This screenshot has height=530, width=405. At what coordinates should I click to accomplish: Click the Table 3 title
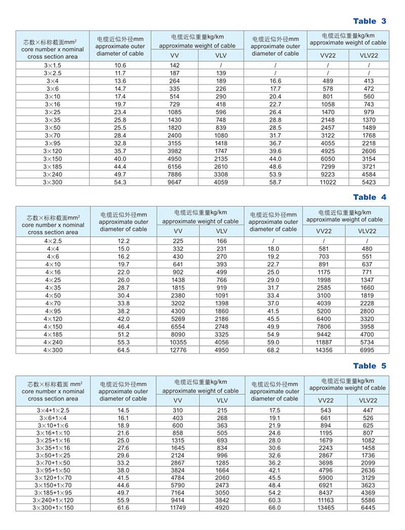pyautogui.click(x=370, y=21)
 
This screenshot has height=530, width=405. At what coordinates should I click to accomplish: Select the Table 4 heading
pyautogui.click(x=370, y=197)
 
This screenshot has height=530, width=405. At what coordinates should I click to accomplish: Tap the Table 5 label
pyautogui.click(x=370, y=366)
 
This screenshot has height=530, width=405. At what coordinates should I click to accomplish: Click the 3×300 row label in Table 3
pyautogui.click(x=53, y=182)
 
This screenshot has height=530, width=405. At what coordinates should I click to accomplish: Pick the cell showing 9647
pyautogui.click(x=175, y=182)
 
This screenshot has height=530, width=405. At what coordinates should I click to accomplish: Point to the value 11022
pyautogui.click(x=328, y=182)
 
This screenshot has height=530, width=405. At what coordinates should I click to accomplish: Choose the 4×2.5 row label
pyautogui.click(x=53, y=241)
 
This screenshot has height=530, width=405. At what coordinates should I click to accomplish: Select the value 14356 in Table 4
pyautogui.click(x=324, y=350)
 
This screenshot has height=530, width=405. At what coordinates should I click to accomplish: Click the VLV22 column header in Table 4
pyautogui.click(x=368, y=231)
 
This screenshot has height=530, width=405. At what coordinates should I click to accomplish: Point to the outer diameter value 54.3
pyautogui.click(x=120, y=182)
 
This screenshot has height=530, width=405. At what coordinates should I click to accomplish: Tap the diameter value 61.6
pyautogui.click(x=123, y=507)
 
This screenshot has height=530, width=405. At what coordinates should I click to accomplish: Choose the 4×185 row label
pyautogui.click(x=53, y=335)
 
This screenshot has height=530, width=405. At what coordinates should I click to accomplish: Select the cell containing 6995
pyautogui.click(x=368, y=350)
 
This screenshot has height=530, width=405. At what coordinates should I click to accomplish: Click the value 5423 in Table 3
pyautogui.click(x=369, y=182)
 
